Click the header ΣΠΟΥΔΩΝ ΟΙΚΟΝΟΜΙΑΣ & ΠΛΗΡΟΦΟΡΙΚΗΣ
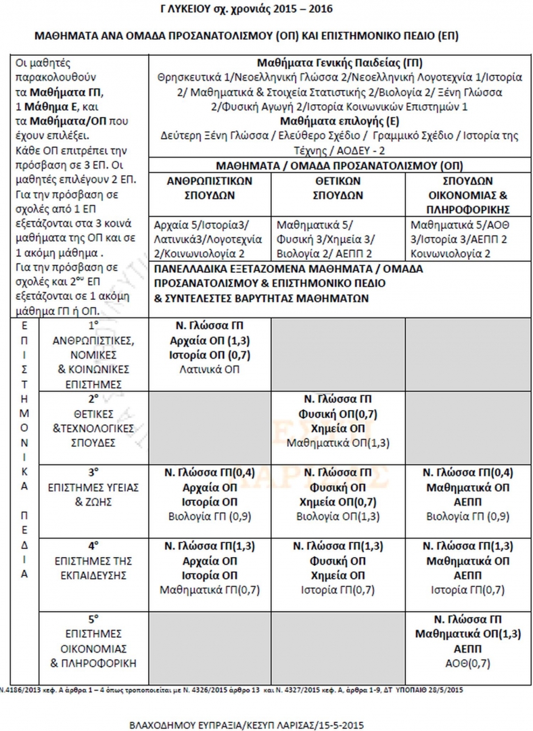click(x=468, y=195)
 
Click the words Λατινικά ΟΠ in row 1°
click(x=209, y=370)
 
